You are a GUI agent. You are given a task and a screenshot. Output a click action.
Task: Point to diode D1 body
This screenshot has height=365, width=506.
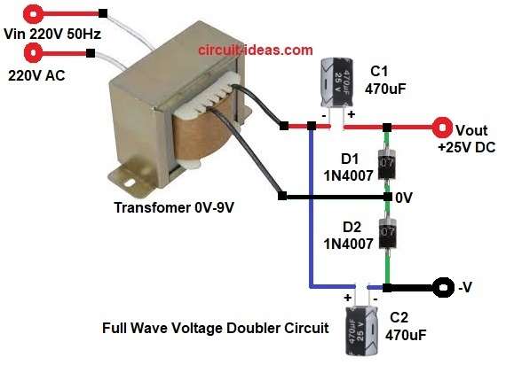tap(387, 164)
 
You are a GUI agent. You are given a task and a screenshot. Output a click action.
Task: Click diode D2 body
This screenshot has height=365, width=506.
tap(387, 233)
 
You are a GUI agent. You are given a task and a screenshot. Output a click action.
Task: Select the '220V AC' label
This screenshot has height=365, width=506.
tap(40, 75)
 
